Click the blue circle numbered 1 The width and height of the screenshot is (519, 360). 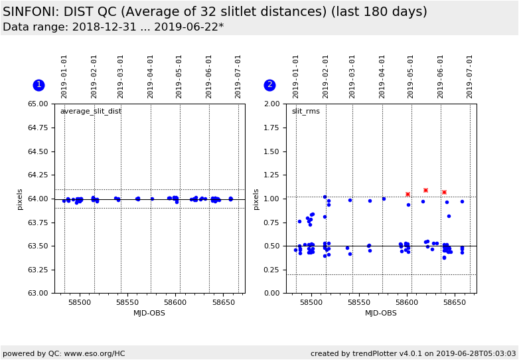pos(38,85)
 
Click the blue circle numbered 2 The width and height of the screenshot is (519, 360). pos(269,85)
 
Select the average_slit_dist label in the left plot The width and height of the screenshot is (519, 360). pos(91,112)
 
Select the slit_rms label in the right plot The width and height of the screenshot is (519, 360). pos(305,112)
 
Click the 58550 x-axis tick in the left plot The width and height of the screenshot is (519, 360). pos(127,303)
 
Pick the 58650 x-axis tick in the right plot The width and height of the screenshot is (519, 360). pos(455,303)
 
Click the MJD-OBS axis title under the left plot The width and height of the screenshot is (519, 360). pos(149,314)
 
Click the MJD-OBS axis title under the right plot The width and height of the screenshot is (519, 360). pos(381,314)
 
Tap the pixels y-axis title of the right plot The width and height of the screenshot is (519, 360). pos(256,199)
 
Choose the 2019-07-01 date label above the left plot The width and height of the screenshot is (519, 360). pos(238,76)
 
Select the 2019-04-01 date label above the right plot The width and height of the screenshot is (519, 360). pos(382,76)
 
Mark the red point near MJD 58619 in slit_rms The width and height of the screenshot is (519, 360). pos(425,191)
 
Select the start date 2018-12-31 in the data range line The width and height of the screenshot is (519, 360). pos(98,27)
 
